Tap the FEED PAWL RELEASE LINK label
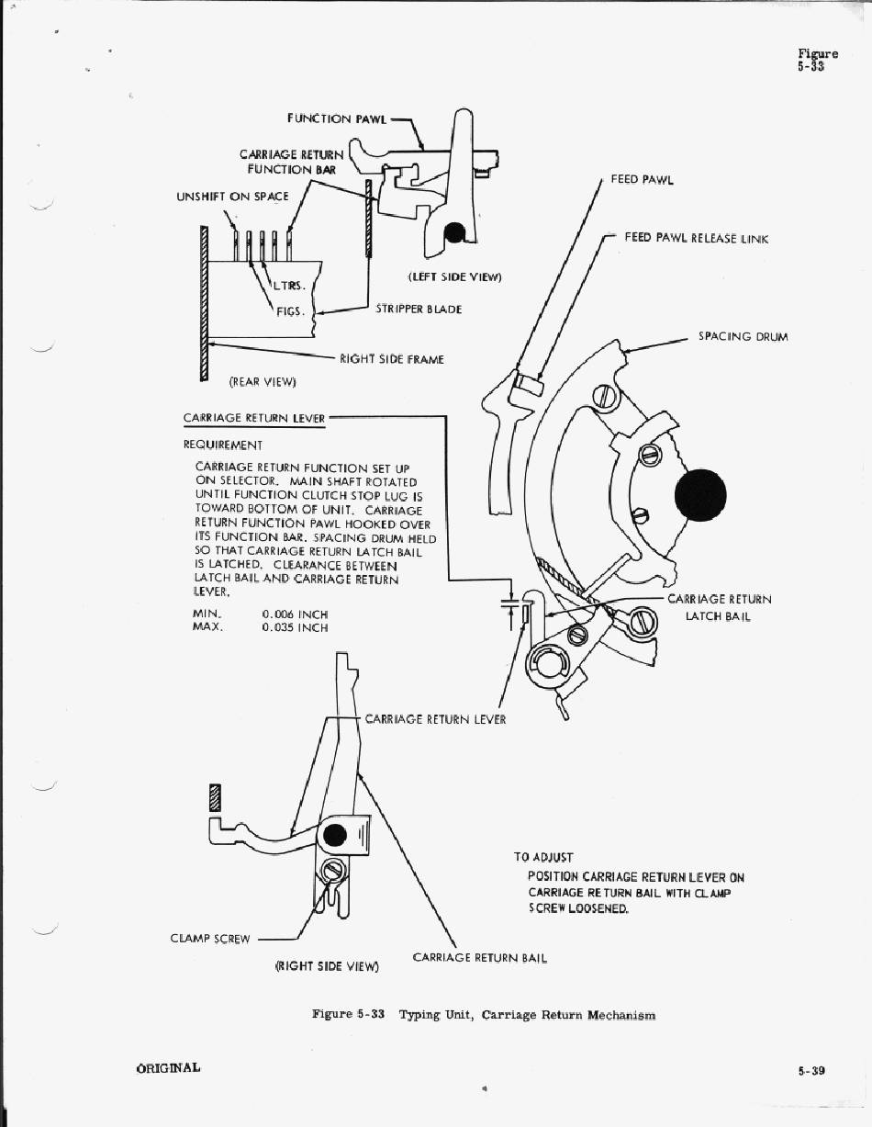point(696,238)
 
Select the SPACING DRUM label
point(743,337)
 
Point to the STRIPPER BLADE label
point(419,310)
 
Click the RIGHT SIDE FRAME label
point(391,359)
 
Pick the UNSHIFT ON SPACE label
point(232,197)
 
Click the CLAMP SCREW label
point(210,939)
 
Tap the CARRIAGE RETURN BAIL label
point(479,958)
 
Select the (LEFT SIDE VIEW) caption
point(455,276)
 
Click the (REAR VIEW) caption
point(263,381)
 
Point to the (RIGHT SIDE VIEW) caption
point(328,966)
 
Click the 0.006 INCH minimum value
point(295,614)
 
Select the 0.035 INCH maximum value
point(295,628)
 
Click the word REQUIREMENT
point(223,445)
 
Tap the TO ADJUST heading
point(543,857)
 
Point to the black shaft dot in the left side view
point(453,233)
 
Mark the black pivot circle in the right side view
point(335,835)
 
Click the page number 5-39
point(811,1070)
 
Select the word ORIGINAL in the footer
point(168,1068)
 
